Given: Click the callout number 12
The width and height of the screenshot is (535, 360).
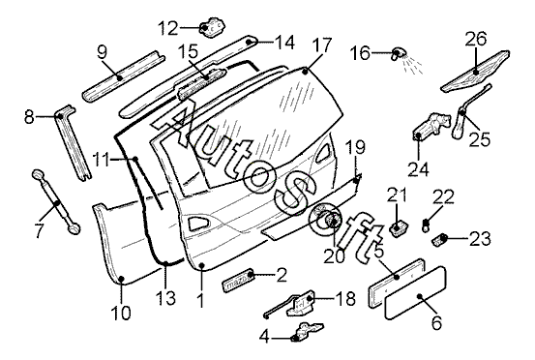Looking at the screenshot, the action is pos(168,28).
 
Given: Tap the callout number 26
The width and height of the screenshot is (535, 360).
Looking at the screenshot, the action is pos(477,39).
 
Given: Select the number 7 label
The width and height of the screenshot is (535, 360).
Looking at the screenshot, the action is pos(39,231).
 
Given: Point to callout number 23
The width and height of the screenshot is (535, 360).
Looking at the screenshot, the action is pos(481,239).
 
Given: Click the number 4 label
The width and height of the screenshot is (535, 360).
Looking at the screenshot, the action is pos(264,338).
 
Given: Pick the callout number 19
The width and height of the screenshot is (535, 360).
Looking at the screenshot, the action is pos(355,148).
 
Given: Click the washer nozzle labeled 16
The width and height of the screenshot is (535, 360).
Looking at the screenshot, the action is pos(398,53).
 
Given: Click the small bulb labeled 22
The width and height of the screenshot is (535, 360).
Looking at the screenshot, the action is pos(426,226).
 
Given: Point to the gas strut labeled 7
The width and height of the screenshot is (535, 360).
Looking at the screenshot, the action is pos(56,201).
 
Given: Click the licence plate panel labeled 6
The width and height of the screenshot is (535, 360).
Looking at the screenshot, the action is pos(416,293).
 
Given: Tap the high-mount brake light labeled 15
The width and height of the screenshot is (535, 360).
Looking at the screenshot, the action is pos(201,84).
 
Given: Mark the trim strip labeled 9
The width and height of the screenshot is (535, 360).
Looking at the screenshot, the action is pos(124,75).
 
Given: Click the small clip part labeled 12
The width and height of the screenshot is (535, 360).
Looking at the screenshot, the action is pos(212,27).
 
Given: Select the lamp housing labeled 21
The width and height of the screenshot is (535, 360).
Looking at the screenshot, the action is pos(399,228).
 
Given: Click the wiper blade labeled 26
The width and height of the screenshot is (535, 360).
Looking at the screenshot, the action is pos(475,72).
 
